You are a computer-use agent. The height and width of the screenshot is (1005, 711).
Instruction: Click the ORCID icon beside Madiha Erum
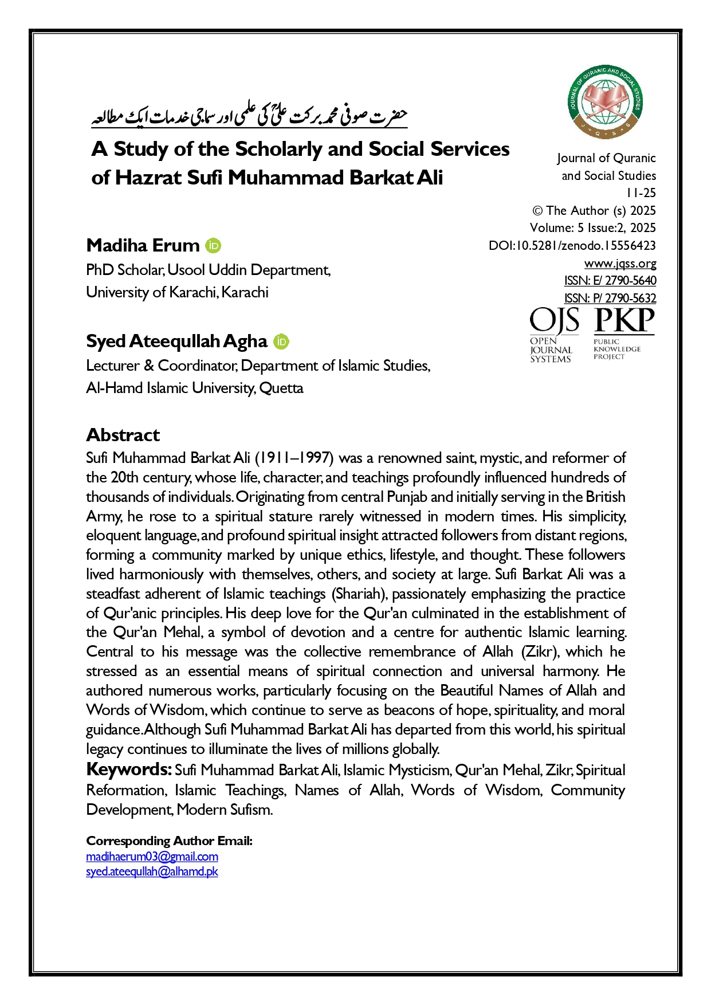point(213,246)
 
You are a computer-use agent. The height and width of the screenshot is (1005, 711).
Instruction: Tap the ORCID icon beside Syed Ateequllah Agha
point(281,341)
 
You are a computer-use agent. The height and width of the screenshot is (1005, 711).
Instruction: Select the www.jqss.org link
point(620,264)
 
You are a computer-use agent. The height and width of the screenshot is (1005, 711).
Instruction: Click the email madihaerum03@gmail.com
point(152,857)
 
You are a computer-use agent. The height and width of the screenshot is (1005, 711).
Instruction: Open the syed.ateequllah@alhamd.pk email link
point(152,871)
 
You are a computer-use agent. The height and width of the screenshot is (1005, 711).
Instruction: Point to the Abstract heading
point(123,435)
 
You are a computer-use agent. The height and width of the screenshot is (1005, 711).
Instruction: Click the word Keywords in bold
point(128,770)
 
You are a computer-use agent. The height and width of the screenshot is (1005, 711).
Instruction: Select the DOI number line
point(572,246)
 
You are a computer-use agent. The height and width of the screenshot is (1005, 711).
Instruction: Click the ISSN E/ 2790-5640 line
point(610,281)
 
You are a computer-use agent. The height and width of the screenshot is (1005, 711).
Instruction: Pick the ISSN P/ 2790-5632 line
point(610,299)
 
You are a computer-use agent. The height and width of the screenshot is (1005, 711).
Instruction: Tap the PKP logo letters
point(624,321)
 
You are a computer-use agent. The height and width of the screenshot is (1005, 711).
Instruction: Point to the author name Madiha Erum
point(143,245)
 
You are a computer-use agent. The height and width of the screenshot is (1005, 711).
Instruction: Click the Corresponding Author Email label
point(169,841)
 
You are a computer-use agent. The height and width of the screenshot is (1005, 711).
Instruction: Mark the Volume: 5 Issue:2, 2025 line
point(592,228)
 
